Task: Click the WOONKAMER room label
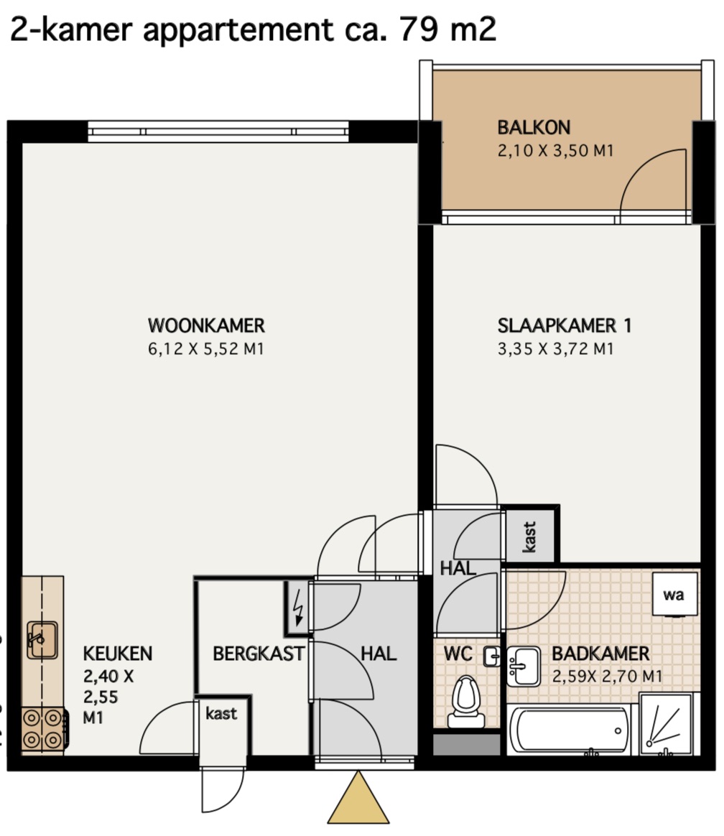point(206,325)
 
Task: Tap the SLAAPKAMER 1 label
point(565,325)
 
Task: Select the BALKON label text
point(534,127)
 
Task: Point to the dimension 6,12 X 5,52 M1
point(206,348)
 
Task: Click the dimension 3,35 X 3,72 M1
point(556,348)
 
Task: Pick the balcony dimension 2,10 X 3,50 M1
point(556,150)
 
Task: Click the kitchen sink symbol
point(42,640)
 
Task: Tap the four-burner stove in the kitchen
point(43,729)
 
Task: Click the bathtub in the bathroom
point(569,730)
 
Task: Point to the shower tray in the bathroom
point(666,724)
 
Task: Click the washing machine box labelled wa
point(675,594)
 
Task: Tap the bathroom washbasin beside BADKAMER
point(523,666)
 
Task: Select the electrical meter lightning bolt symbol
point(299,607)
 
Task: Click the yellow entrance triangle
point(358,797)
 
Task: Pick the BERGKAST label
point(259,654)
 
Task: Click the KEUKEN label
point(118,654)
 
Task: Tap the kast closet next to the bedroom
point(529,537)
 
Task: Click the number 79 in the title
point(419,29)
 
